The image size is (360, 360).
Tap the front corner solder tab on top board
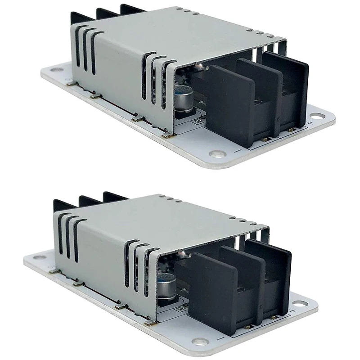(x=167, y=135)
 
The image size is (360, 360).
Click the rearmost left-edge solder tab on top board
(x=71, y=83)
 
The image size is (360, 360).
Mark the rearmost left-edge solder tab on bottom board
(x=54, y=271)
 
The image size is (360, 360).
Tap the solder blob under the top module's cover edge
(x=200, y=67)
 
